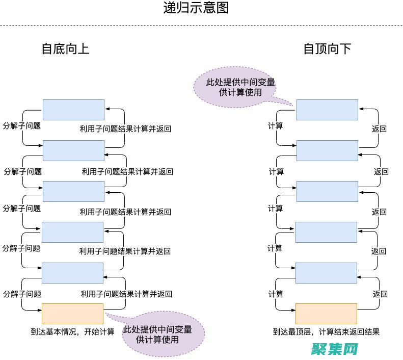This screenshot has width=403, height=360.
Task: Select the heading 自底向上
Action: pos(65,49)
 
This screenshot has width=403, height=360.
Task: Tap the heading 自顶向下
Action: pos(327,49)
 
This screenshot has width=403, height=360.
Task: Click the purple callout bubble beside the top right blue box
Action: pos(234,87)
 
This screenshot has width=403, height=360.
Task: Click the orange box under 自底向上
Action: pos(72,314)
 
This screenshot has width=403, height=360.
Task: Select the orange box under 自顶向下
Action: pos(326,314)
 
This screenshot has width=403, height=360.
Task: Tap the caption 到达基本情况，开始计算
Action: pos(72,332)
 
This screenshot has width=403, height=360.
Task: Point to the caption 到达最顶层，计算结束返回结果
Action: pos(326,332)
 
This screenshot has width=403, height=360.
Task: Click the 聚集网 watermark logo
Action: pos(336,349)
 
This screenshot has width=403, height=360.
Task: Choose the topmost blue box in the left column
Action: pos(73,110)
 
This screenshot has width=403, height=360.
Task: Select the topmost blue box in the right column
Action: pos(327,110)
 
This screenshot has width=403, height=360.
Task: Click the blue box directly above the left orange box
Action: pos(72,273)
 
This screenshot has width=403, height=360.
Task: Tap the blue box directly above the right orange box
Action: pos(326,273)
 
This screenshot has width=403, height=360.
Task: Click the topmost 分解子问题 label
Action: pos(22,125)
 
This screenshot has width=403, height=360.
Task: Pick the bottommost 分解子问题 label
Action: pos(22,294)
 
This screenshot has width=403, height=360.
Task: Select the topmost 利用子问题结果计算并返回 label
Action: pos(125,129)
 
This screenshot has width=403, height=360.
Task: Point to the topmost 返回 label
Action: pos(379,129)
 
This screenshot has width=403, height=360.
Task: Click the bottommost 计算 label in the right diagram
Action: pos(276,294)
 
